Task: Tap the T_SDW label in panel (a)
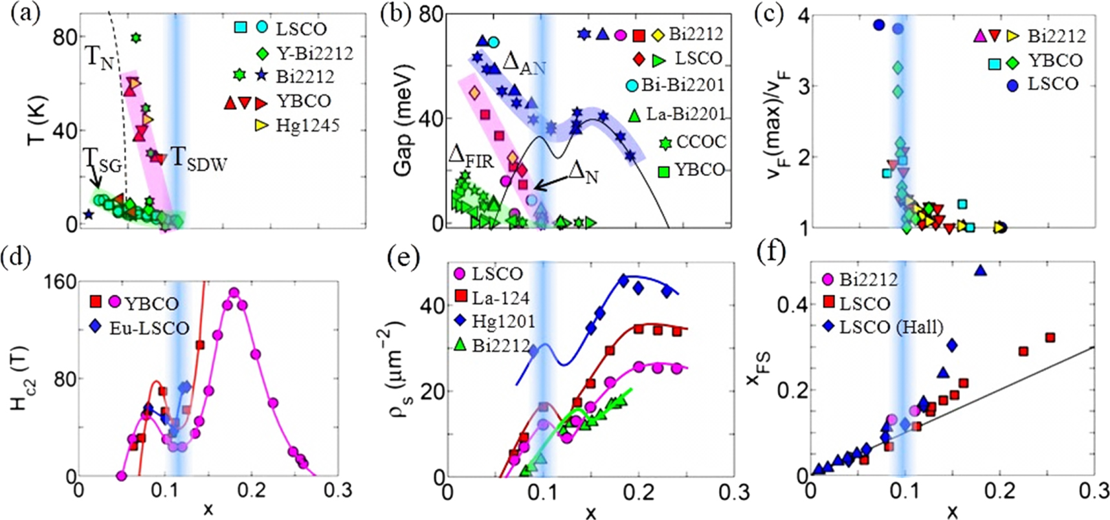click(x=199, y=158)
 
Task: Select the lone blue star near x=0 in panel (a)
click(x=89, y=215)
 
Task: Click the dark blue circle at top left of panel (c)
click(x=878, y=25)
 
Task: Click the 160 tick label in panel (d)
click(x=60, y=283)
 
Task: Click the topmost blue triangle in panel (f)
click(x=981, y=270)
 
